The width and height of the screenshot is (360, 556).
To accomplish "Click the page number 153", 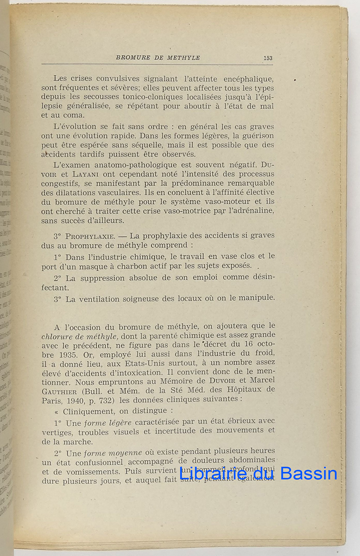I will tap(267, 58).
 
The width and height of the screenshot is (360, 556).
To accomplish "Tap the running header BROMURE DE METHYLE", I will tap(158, 58).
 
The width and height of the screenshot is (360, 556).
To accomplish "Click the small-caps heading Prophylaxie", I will tap(89, 235).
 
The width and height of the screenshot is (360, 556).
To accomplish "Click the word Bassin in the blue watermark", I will tap(309, 473).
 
